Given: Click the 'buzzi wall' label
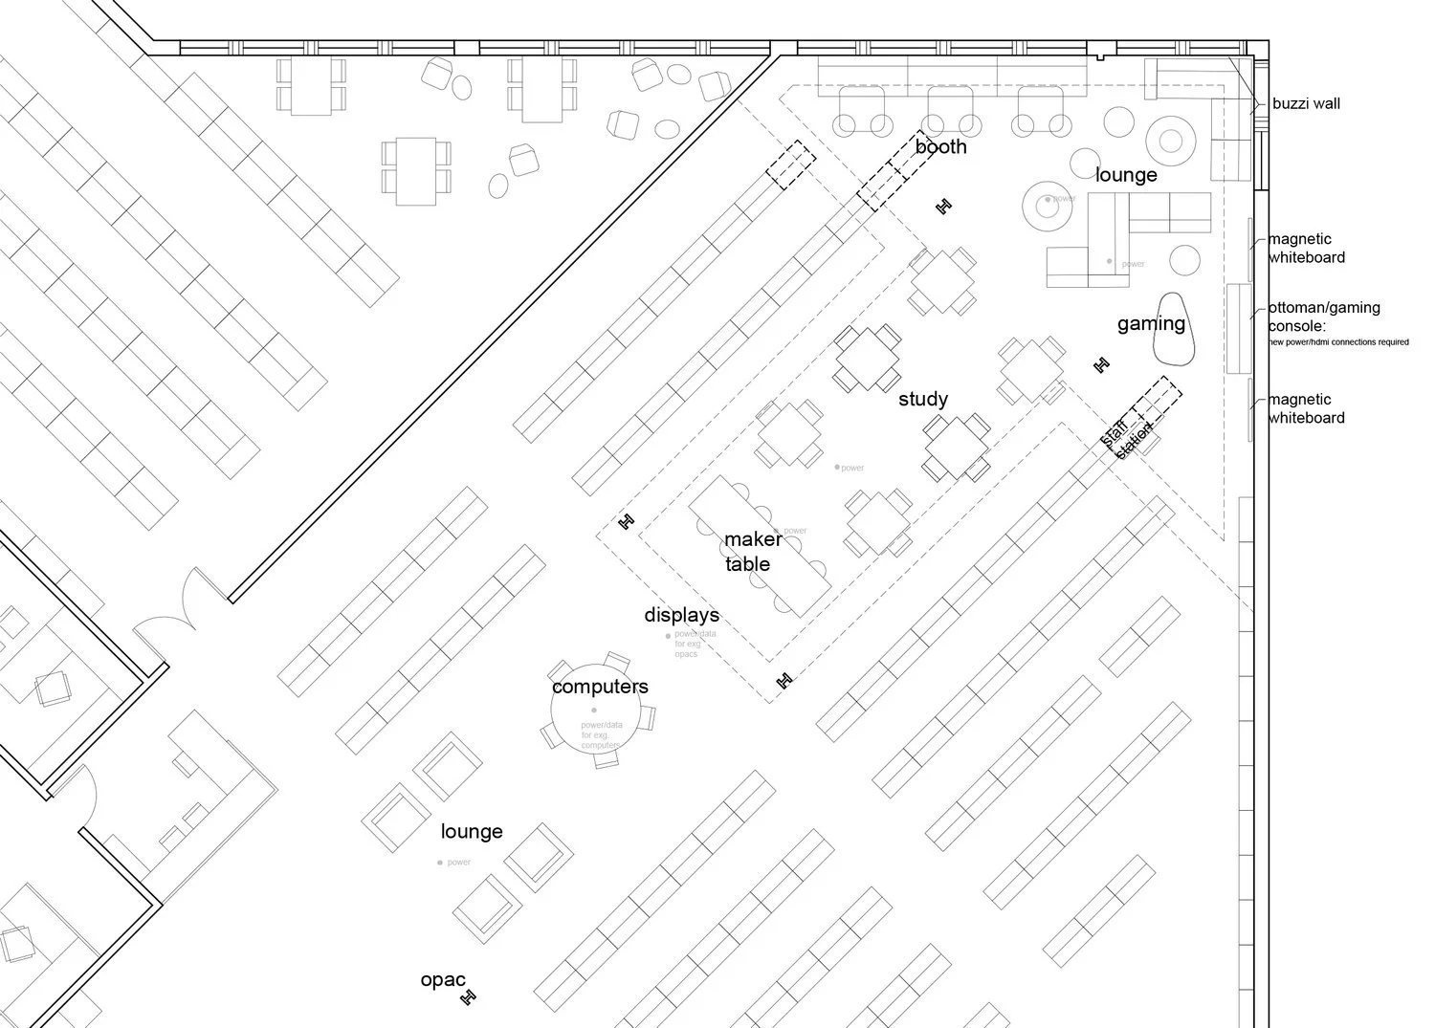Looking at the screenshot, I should coord(1306,103).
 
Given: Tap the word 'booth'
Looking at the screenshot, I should coord(940,147).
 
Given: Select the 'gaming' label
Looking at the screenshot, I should coord(1151,324).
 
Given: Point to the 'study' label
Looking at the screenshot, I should coord(923,399).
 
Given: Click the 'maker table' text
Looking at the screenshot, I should coord(753,552).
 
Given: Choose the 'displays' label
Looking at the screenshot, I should coord(681,615).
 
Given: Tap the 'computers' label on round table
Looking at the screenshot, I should coord(600,687).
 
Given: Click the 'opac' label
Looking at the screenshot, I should coord(443,980).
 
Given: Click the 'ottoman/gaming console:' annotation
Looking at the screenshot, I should coord(1324,317).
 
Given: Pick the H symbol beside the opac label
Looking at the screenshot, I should coord(468,997).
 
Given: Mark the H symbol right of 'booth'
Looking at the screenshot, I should coord(944,206).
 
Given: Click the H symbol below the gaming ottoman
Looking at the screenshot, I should coord(1101,364).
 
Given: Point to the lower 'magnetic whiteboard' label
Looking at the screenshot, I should coord(1306,409).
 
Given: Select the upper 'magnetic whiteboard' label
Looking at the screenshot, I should coord(1306,249).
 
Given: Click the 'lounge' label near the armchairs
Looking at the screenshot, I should coord(472,832).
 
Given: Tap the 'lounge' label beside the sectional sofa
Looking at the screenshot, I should coord(1126,175).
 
